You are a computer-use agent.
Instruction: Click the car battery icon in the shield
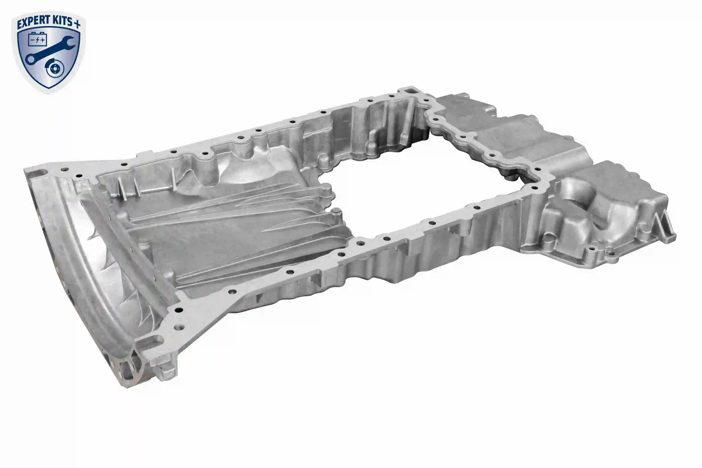click(x=37, y=39)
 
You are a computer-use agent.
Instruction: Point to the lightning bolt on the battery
click(x=37, y=40)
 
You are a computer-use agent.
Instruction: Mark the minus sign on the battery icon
click(x=32, y=40)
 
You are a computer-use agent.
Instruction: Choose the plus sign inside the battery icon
click(x=43, y=40)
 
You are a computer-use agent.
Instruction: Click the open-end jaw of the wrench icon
click(x=69, y=42)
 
